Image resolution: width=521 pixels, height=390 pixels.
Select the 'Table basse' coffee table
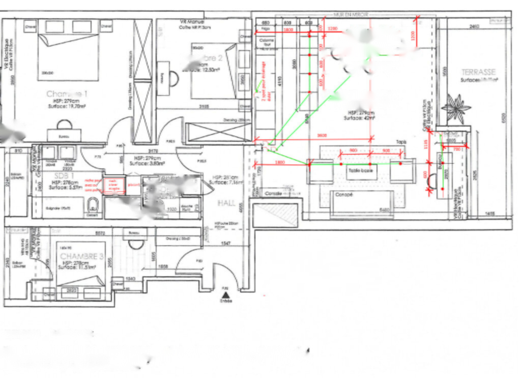pyautogui.click(x=361, y=171)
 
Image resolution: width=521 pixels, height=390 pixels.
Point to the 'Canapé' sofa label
pyautogui.click(x=343, y=194)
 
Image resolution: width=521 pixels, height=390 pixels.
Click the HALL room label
pyautogui.click(x=226, y=203)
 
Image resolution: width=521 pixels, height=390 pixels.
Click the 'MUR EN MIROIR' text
pyautogui.click(x=349, y=16)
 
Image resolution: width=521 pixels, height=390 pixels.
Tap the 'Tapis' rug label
pyautogui.click(x=401, y=142)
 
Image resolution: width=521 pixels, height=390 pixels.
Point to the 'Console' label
pyautogui.click(x=273, y=194)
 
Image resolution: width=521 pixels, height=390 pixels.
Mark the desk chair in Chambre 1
pyautogui.click(x=64, y=124)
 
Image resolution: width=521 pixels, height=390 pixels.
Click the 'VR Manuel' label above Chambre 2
pyautogui.click(x=192, y=22)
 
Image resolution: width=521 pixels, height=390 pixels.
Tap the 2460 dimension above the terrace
pyautogui.click(x=474, y=26)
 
